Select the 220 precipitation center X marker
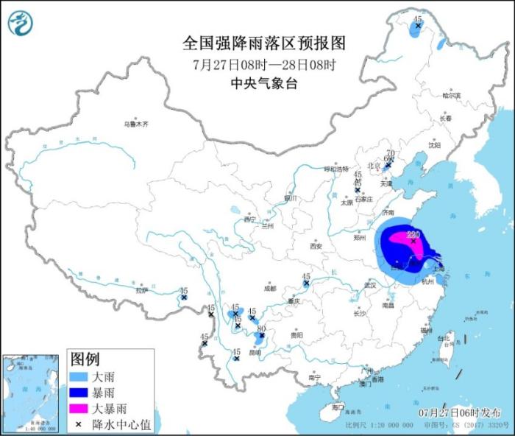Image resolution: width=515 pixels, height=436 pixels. pos(413,241)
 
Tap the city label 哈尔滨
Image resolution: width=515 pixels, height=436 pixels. pos(450,96)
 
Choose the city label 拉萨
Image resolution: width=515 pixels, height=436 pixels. pos(141,290)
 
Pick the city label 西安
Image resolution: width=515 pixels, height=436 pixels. pos(316,246)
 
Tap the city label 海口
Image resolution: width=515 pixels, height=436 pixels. pos(338,407)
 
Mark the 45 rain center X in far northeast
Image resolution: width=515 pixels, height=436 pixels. pos(418,27)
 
